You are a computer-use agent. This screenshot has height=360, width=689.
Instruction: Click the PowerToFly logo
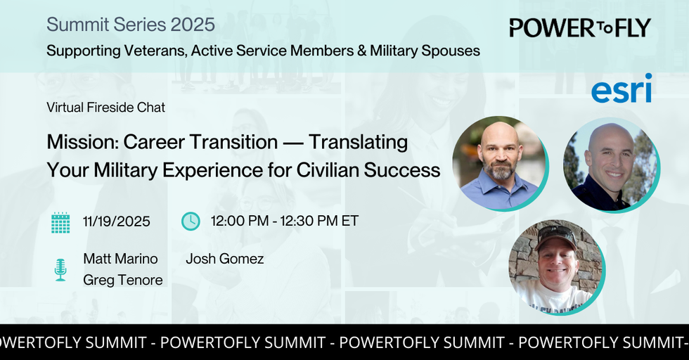[x=580, y=28]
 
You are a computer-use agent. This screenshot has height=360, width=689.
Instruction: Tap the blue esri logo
[x=622, y=89]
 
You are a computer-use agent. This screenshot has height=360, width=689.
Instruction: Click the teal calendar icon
[x=60, y=222]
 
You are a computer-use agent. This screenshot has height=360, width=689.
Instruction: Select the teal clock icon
[x=191, y=221]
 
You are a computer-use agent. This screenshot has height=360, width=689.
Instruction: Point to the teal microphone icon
[x=60, y=269]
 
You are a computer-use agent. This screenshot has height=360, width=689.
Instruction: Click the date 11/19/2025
[x=117, y=221]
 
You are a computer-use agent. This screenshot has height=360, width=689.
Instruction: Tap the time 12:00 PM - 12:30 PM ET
[x=285, y=221]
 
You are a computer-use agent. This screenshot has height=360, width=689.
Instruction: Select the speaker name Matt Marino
[x=120, y=259]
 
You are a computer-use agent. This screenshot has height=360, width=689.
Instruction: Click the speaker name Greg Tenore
[x=123, y=280]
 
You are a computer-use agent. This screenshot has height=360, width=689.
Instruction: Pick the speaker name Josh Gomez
[x=224, y=259]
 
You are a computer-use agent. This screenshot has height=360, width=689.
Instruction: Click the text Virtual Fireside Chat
[x=106, y=108]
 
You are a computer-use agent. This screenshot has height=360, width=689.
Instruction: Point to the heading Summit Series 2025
[x=131, y=25]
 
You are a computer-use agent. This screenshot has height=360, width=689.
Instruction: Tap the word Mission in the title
[x=82, y=142]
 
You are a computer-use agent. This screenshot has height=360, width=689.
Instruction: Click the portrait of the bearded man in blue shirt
[x=500, y=163]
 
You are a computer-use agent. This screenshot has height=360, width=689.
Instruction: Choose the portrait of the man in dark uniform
[x=611, y=164]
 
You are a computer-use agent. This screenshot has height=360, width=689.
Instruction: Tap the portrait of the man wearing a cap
[x=556, y=266]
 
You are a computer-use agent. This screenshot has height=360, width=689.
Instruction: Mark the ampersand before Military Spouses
[x=361, y=51]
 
